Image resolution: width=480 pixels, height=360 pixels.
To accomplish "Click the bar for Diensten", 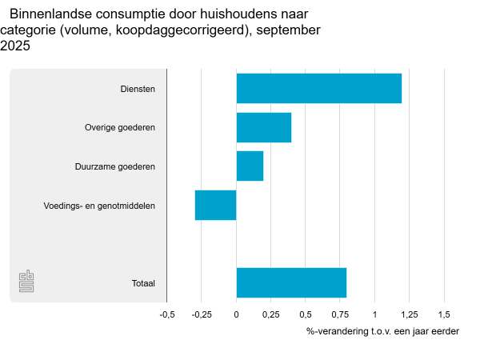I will point(318,88).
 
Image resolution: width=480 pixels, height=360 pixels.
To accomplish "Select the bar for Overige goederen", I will point(263,127).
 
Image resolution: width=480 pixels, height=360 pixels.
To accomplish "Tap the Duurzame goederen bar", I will point(250,166).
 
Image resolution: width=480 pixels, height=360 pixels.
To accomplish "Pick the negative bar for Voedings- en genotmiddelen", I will point(215,205).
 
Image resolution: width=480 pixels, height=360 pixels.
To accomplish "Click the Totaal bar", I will point(291,282).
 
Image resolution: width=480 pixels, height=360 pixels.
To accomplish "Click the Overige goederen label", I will point(120,127).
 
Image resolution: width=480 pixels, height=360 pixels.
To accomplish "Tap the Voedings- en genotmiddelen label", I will point(99,206).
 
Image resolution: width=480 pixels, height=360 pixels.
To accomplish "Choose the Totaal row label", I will point(143,283).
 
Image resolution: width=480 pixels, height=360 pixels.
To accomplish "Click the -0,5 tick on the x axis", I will point(167,314).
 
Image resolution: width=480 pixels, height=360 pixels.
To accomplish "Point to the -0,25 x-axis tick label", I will point(202,314).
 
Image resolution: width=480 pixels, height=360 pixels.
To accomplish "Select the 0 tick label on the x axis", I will point(236,314).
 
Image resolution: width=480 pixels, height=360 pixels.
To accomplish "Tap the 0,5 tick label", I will point(305,314).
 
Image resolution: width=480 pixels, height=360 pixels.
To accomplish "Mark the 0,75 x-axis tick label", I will point(339,314).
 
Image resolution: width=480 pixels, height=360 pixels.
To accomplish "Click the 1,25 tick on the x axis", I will point(408,314).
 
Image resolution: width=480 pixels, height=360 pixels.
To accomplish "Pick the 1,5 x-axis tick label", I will point(442,314).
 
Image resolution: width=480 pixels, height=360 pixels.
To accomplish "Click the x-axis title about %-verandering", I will point(382,331).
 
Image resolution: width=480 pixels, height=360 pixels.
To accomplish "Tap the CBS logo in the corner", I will point(27,282).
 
